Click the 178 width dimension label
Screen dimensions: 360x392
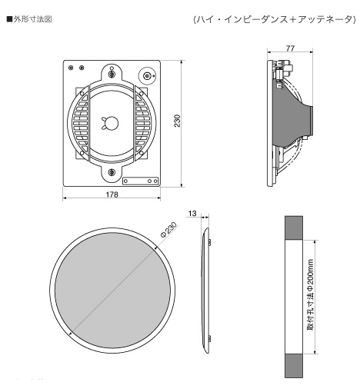coord(112,194)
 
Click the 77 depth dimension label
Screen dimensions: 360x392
coord(290,48)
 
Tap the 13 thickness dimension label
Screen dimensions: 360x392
coord(192,213)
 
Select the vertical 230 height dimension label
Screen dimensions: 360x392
coord(177,121)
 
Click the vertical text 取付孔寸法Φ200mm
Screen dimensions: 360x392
coord(310,294)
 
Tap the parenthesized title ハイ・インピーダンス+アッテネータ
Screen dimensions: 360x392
coord(275,19)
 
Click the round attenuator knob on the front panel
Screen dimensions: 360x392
coord(147,76)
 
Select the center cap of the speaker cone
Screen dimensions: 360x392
coord(112,123)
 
